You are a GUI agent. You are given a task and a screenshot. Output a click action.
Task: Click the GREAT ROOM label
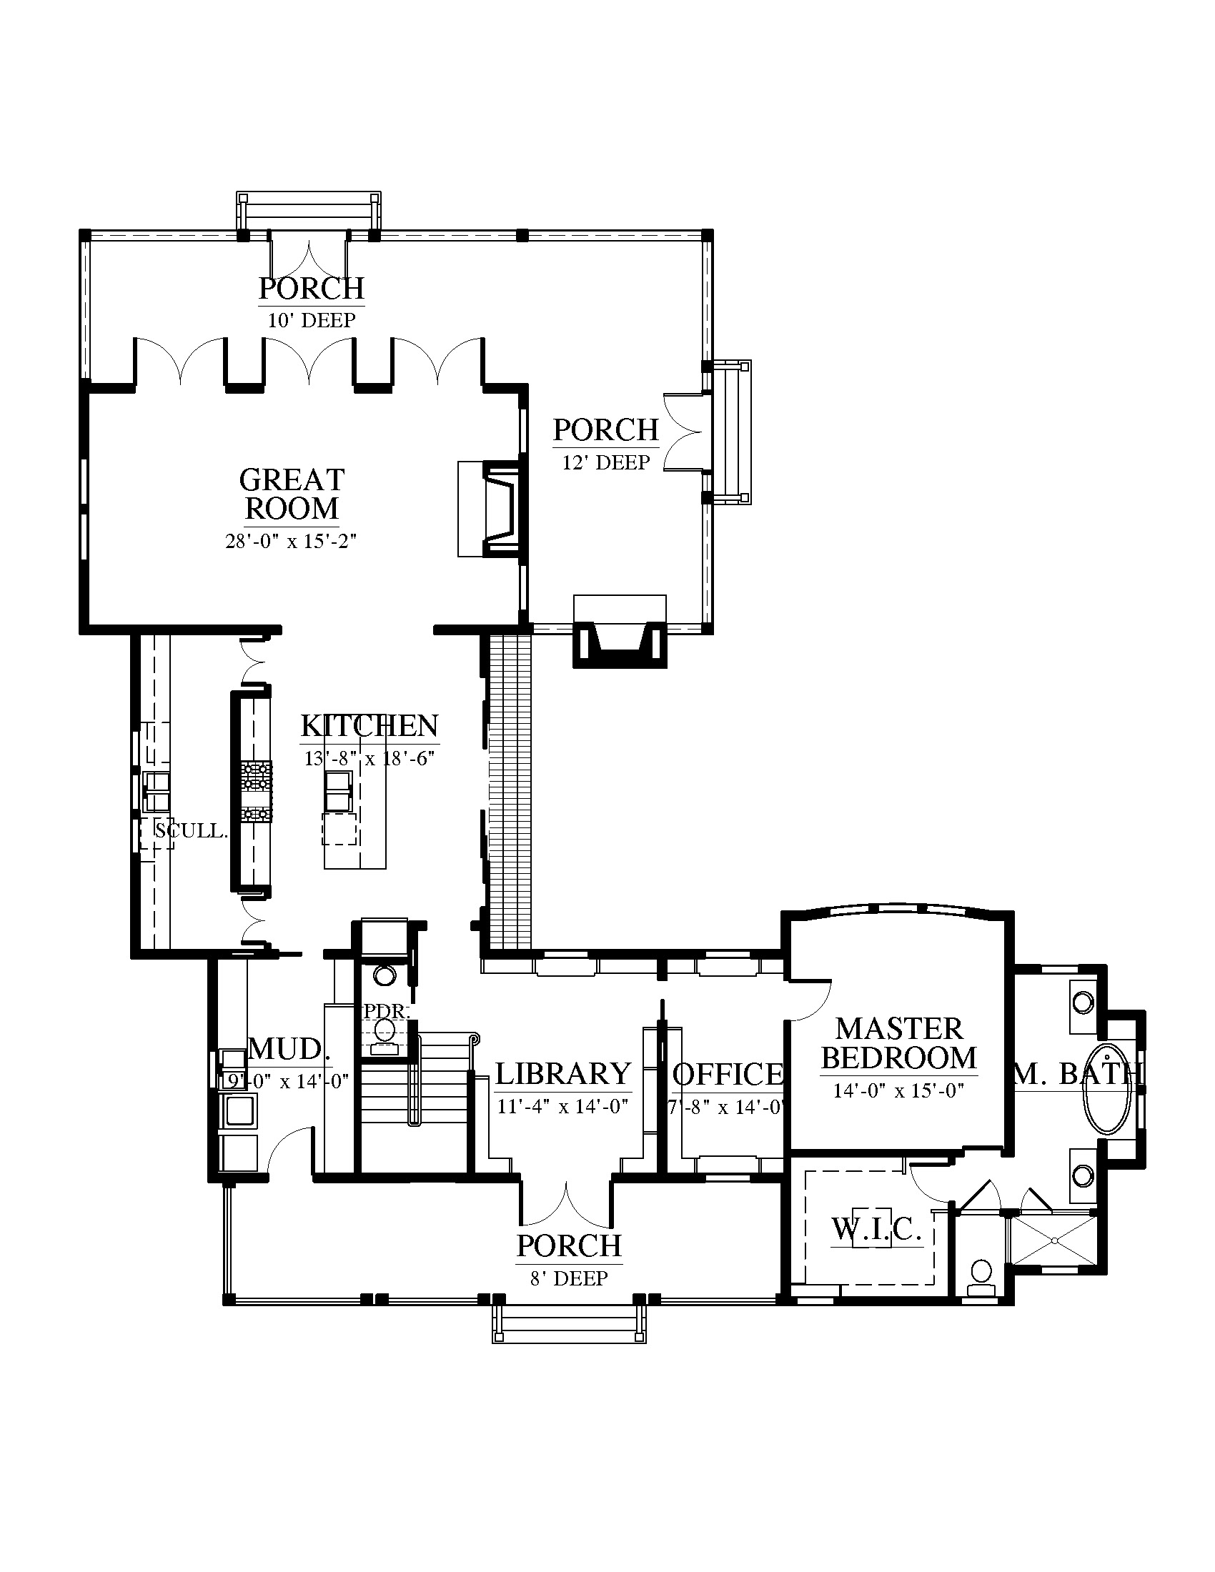292,494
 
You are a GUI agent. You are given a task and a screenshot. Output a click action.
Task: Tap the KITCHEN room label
370,725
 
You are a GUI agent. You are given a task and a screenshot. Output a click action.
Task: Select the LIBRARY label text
563,1074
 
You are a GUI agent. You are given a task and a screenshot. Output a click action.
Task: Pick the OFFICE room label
728,1075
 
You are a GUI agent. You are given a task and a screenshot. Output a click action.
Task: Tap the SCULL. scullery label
192,830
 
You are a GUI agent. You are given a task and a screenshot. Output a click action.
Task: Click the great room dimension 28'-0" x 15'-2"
292,542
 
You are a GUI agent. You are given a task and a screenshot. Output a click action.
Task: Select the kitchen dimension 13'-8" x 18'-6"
370,758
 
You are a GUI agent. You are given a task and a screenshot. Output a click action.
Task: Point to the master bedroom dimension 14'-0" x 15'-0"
898,1091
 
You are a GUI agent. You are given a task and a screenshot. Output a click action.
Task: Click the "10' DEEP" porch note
312,320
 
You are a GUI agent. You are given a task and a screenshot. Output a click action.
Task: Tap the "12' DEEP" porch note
606,462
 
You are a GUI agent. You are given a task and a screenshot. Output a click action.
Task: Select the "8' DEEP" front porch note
569,1278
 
